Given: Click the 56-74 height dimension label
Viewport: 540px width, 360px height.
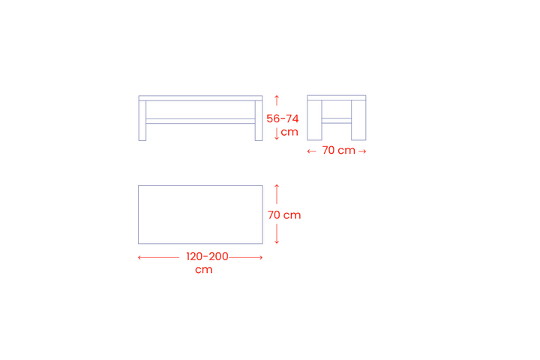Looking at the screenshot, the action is pyautogui.click(x=283, y=118).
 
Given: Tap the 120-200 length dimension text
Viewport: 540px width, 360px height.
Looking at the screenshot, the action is pyautogui.click(x=207, y=256).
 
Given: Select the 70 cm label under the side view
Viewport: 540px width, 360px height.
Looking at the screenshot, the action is pyautogui.click(x=338, y=150).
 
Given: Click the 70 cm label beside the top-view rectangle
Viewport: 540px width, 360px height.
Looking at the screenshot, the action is pyautogui.click(x=284, y=215).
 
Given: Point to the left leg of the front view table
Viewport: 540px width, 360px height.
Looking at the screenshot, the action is pyautogui.click(x=142, y=121).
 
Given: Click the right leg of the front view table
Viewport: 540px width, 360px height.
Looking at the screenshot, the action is pyautogui.click(x=259, y=121).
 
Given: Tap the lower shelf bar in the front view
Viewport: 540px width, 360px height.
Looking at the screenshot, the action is pyautogui.click(x=200, y=121).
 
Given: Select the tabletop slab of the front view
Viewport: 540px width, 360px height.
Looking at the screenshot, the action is pyautogui.click(x=200, y=98).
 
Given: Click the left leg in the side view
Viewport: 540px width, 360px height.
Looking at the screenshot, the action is pyautogui.click(x=314, y=120).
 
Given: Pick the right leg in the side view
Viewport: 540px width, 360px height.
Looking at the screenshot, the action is pyautogui.click(x=358, y=120).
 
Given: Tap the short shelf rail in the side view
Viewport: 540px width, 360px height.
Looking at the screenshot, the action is pyautogui.click(x=337, y=121).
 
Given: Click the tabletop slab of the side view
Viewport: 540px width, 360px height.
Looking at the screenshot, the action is pyautogui.click(x=337, y=97).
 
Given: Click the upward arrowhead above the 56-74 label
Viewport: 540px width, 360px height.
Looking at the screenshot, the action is pyautogui.click(x=277, y=97).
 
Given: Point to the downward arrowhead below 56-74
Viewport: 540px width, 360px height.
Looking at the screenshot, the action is pyautogui.click(x=277, y=138).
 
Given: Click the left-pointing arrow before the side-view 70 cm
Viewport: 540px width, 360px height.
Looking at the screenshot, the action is pyautogui.click(x=311, y=151).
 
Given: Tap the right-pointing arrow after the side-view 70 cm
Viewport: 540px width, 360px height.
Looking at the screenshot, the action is pyautogui.click(x=362, y=151).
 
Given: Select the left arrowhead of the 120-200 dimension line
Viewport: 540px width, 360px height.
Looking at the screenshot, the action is pyautogui.click(x=139, y=257).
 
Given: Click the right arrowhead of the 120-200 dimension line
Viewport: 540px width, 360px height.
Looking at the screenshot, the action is pyautogui.click(x=261, y=257).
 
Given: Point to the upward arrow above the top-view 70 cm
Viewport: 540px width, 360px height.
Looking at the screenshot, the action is pyautogui.click(x=277, y=194).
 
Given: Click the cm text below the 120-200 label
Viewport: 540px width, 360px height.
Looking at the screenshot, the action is pyautogui.click(x=203, y=269).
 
